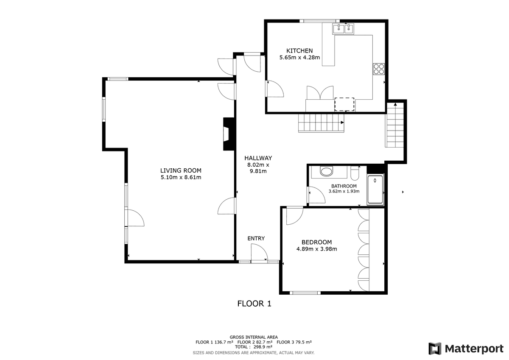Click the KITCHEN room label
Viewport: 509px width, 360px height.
pos(299,50)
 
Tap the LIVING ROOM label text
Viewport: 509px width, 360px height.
pos(181,170)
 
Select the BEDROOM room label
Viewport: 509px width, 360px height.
pos(316,242)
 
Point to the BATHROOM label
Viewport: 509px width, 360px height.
pos(344,186)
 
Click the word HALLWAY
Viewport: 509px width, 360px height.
pos(258,158)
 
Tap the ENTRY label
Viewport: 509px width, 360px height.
pos(256,238)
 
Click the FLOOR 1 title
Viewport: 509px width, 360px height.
pos(254,304)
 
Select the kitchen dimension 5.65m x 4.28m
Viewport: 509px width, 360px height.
pos(299,58)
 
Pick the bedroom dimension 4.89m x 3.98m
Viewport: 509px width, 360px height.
pos(316,249)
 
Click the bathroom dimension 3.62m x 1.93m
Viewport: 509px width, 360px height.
pos(344,191)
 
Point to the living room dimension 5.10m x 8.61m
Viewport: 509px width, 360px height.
pos(181,177)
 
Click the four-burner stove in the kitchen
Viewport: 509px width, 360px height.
pos(379,69)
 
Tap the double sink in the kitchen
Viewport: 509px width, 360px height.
pos(343,29)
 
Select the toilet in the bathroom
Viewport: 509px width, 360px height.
pos(355,173)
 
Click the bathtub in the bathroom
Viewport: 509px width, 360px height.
pos(375,190)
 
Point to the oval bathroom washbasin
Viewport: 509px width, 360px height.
pos(326,171)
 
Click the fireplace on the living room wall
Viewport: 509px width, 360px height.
pos(229,134)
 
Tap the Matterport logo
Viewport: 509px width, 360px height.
pos(466,349)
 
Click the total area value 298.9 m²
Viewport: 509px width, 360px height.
pos(262,347)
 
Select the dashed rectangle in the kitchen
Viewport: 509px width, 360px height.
pos(344,104)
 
